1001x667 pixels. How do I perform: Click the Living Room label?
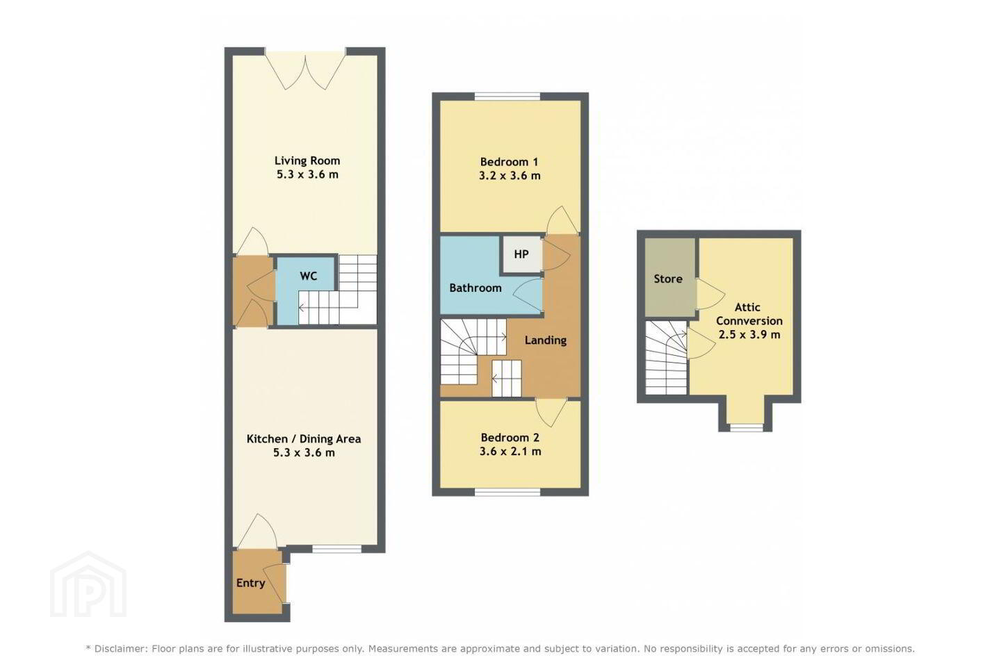(307, 160)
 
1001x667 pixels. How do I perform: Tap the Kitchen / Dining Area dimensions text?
(304, 452)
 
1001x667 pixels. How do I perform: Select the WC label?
(309, 276)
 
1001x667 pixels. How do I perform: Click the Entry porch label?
(251, 583)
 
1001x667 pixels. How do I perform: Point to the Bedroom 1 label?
(509, 162)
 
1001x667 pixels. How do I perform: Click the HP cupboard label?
(521, 254)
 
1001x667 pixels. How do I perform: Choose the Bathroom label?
(475, 288)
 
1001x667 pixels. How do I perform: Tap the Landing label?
(546, 340)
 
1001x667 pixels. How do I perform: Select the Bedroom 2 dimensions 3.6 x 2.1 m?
(510, 451)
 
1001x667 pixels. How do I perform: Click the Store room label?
(668, 279)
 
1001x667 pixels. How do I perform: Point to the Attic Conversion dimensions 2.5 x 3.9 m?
(749, 334)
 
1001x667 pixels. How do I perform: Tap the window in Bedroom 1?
(507, 96)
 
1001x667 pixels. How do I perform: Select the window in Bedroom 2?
(507, 492)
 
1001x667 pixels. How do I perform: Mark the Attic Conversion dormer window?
(747, 427)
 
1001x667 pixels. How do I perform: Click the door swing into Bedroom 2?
(551, 412)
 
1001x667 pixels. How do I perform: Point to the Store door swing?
(710, 294)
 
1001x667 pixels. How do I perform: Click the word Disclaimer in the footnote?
(119, 648)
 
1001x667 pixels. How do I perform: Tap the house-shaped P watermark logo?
(88, 584)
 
